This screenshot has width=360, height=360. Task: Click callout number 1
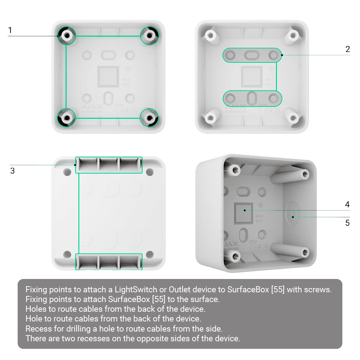(10, 31)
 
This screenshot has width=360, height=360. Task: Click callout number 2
(347, 49)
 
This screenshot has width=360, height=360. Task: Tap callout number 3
(12, 171)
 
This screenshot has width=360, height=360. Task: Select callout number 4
(347, 204)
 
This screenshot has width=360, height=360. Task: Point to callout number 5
(347, 223)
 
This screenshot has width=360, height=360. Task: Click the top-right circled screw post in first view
(149, 35)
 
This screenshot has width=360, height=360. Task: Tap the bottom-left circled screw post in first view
(67, 117)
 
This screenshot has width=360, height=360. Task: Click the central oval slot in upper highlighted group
(252, 55)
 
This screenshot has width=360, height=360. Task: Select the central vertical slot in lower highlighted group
(252, 98)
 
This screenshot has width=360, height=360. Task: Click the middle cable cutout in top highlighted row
(109, 165)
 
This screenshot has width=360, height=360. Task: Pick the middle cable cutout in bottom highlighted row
(109, 262)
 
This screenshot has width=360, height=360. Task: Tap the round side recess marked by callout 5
(292, 214)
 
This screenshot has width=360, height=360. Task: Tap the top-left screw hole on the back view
(67, 172)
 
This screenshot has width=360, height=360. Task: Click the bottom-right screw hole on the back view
(150, 253)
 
